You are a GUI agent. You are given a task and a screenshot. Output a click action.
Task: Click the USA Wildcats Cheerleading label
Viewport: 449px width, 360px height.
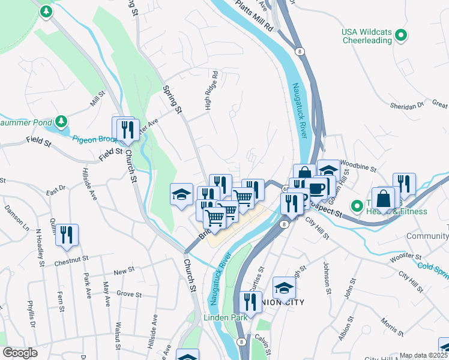pos(366,36)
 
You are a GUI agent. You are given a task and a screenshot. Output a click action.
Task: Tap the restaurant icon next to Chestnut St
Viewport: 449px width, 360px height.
pos(67,235)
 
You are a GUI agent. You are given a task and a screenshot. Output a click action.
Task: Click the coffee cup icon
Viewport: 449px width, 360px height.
pos(316,187)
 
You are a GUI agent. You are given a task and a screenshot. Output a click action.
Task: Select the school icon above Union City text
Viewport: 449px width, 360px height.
pos(284,287)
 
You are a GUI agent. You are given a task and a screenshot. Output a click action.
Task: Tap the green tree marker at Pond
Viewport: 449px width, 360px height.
pos(61,122)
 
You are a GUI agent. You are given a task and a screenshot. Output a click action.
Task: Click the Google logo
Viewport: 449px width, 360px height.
pos(20,353)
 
